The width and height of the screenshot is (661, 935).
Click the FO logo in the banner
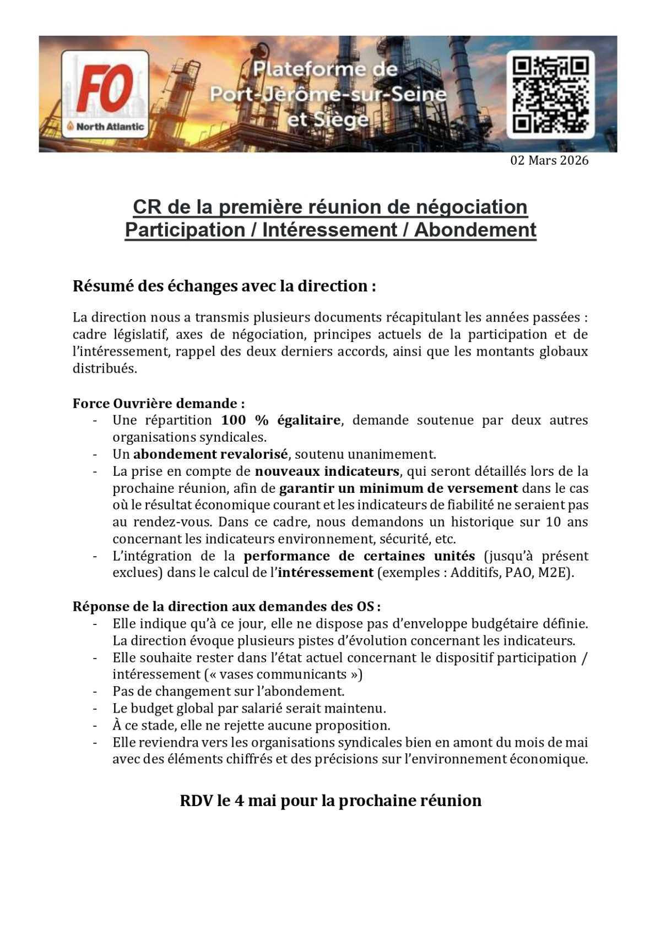coord(105,88)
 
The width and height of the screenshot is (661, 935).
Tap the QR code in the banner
coord(550,94)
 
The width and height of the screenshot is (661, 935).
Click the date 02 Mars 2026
coord(549,160)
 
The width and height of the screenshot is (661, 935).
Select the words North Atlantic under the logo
coord(110,127)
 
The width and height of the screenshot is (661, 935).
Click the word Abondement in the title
coord(475,230)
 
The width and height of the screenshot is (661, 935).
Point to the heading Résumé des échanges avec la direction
coord(224,286)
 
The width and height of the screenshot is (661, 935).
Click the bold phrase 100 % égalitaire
coord(280,420)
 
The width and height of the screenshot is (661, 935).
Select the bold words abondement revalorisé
coord(210,454)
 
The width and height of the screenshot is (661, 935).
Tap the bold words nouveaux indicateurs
coord(327,471)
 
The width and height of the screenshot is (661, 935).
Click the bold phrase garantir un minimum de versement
coord(398,488)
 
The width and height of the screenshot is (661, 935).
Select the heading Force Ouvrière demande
coord(159,403)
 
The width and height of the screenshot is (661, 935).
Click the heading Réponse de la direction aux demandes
coord(227,606)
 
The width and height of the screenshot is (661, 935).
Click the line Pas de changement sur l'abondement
coord(228,691)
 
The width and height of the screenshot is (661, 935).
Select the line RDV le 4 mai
coord(330,800)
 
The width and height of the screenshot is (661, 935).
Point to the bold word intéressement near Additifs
coord(326,573)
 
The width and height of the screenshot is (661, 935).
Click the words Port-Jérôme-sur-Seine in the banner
coord(328,95)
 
